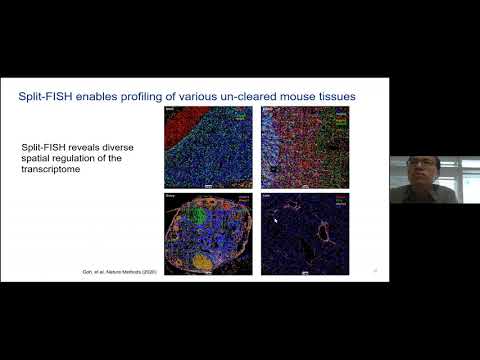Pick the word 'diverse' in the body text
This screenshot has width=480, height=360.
point(114,147)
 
